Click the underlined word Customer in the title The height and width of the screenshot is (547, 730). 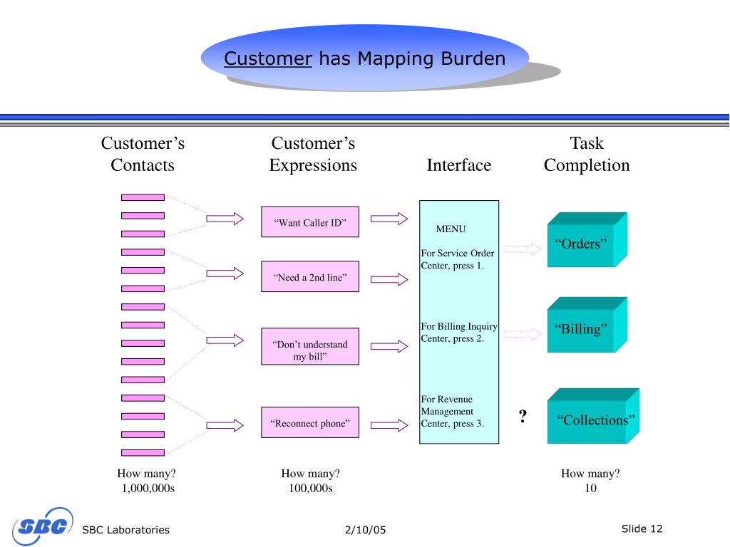point(268,58)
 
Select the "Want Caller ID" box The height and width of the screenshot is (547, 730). point(310,222)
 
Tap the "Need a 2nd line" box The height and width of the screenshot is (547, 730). point(310,277)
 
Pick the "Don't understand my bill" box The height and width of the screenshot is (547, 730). point(310,347)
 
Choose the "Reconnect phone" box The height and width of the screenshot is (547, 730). point(310,424)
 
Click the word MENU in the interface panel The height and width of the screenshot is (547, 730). point(451,229)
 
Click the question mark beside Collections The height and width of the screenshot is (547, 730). point(523,417)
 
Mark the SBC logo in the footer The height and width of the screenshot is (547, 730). point(42,528)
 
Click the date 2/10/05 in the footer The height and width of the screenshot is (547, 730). point(364,530)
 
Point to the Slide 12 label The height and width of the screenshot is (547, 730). point(642,528)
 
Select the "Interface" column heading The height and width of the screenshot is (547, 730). point(458,166)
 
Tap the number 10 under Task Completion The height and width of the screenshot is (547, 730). point(590,489)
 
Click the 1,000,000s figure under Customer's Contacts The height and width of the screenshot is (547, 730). point(148,489)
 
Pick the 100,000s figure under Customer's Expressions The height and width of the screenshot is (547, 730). point(310,489)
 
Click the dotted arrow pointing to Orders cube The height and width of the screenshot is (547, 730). point(523,249)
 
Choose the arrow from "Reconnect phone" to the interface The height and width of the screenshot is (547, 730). point(389,425)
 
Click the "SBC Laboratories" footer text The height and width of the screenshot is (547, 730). point(126,530)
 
